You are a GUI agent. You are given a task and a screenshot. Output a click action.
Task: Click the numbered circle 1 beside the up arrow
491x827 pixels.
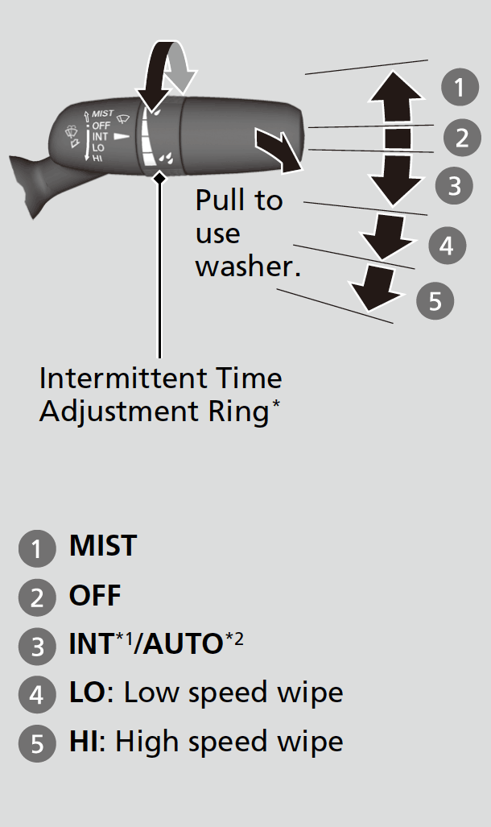click(x=460, y=87)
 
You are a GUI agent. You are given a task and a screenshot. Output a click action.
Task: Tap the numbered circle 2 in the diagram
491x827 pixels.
click(x=462, y=138)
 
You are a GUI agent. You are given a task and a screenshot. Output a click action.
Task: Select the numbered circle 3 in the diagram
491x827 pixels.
click(x=454, y=186)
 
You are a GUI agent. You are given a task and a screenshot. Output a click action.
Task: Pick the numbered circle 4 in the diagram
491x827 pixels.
click(x=448, y=246)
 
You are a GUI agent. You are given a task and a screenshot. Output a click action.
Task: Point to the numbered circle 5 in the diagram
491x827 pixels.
click(x=435, y=300)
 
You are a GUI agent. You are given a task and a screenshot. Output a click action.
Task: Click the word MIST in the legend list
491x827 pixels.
click(x=103, y=545)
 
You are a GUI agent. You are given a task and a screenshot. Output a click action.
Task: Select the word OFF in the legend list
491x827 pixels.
click(x=95, y=595)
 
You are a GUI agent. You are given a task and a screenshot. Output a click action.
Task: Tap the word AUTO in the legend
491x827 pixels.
click(x=183, y=644)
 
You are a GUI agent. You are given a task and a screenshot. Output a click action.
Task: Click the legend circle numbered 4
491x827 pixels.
click(x=37, y=694)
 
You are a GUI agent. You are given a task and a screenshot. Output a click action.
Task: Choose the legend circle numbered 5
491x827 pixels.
click(x=37, y=743)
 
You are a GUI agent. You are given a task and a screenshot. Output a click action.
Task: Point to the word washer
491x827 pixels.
click(x=248, y=266)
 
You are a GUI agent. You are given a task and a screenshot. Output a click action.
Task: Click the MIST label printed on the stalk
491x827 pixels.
click(x=102, y=114)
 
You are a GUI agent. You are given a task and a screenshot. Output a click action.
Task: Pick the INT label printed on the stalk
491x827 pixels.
click(x=100, y=137)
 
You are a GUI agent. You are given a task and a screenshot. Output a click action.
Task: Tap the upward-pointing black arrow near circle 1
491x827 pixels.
click(x=395, y=97)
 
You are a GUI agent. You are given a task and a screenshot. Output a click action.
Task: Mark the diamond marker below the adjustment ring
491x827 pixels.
click(x=159, y=179)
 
